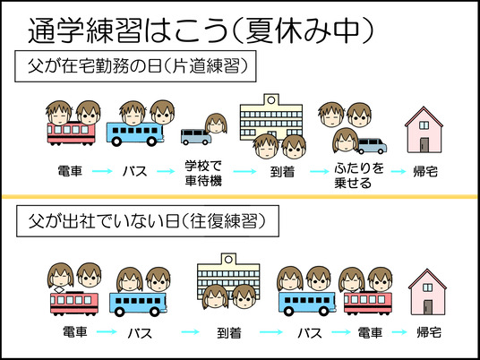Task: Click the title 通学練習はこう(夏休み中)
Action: tap(201, 30)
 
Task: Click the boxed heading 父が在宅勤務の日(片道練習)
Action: tap(135, 66)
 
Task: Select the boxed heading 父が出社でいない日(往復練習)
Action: tap(148, 221)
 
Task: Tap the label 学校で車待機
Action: tap(203, 174)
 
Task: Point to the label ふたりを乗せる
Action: tap(358, 176)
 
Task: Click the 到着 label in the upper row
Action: tap(282, 172)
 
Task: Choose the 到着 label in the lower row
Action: tap(229, 333)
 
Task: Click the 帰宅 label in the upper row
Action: tap(425, 172)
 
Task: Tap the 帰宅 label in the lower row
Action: tap(429, 332)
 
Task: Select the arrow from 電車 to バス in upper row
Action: tap(102, 171)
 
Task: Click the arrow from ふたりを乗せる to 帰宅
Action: tap(399, 171)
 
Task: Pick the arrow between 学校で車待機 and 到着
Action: tap(244, 171)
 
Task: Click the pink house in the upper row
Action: tap(424, 130)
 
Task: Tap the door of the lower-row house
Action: tap(428, 307)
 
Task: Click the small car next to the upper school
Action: tap(196, 136)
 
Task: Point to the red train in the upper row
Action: tap(71, 133)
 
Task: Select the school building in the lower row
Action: tap(228, 277)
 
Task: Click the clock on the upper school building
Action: tap(271, 99)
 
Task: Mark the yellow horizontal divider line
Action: tap(240, 196)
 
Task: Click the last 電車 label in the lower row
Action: tap(370, 333)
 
